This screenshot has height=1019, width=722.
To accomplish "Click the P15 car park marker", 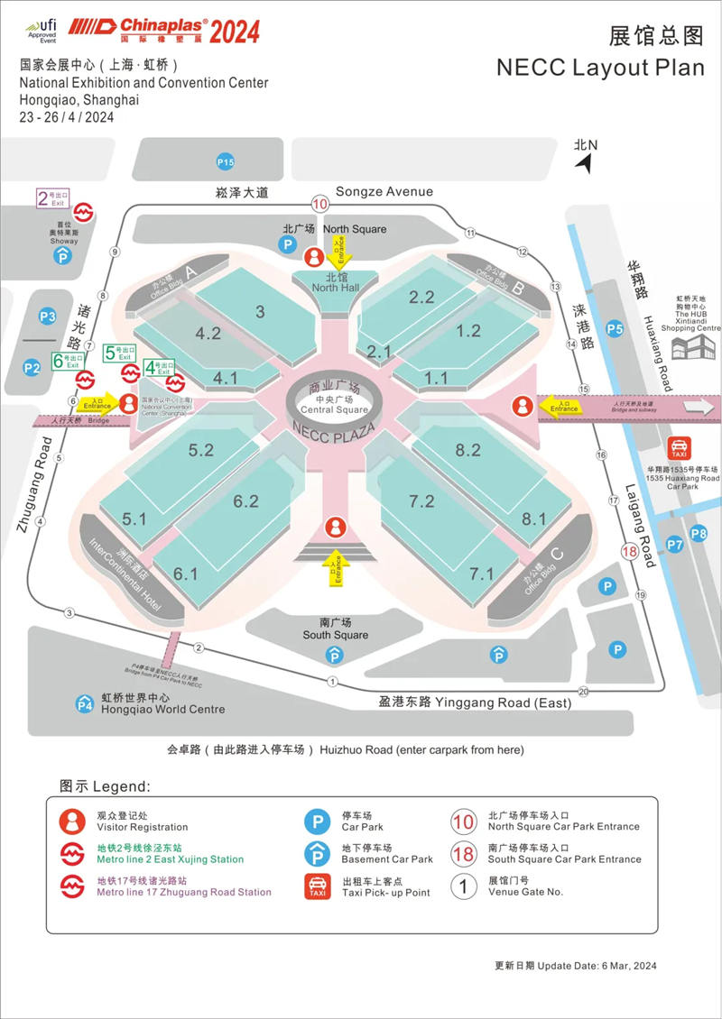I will pos(226,162).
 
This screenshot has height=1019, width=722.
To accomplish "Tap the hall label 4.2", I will pos(208,334).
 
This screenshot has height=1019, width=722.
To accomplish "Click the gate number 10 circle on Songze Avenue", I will pos(319,204).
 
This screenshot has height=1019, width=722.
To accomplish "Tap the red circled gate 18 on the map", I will pos(630,552).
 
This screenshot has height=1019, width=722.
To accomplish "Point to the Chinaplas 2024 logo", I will pos(162,31).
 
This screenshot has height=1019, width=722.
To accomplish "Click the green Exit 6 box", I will pos(67,360).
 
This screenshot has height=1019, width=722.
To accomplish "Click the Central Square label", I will pos(334,404).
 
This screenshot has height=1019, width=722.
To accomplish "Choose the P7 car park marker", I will pos(675,544).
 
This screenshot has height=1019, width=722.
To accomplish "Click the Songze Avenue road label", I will pos(384,191).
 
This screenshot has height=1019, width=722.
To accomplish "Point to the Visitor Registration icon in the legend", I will pos(70,821).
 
